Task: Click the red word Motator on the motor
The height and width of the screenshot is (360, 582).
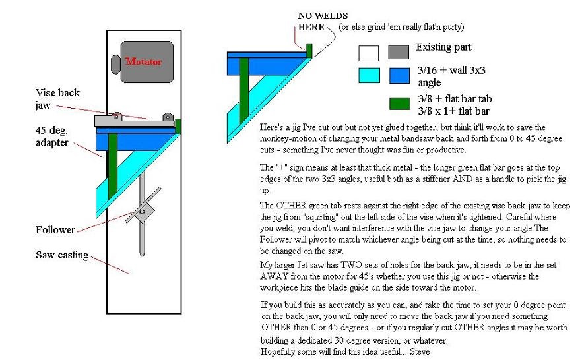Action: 144,61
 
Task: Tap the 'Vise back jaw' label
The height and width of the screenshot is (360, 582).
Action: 57,99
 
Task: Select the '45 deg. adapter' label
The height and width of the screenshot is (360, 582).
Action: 52,136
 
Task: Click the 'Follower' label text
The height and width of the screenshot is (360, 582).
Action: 55,230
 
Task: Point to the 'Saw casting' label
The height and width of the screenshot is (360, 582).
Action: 62,255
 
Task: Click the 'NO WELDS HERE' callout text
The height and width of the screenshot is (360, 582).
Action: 323,22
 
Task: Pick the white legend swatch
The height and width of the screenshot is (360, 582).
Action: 369,53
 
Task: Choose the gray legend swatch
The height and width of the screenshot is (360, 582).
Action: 399,52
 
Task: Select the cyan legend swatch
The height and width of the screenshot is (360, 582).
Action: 370,75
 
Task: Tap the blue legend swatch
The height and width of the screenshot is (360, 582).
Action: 399,76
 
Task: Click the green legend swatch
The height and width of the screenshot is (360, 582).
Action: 400,104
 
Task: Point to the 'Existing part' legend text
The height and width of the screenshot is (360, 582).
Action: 443,47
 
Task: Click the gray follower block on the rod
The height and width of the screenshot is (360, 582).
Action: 142,212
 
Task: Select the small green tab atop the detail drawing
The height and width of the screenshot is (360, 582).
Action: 309,50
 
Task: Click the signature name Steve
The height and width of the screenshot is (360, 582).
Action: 420,351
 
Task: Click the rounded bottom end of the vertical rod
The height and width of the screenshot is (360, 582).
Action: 142,254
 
